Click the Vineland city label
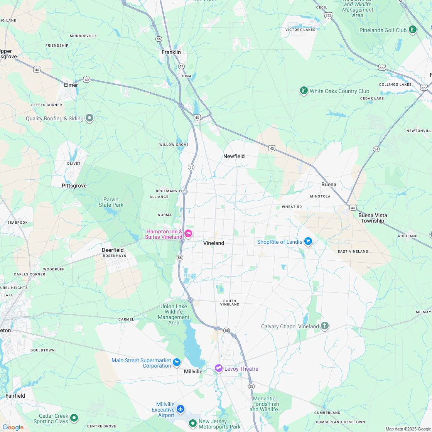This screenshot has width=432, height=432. click(x=214, y=243)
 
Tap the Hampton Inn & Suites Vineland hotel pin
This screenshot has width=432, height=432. click(x=188, y=233)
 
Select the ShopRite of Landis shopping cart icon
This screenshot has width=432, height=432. click(x=308, y=242)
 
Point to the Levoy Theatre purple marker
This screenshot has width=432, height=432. click(x=219, y=368)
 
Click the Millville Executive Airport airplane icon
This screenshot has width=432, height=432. click(x=180, y=409)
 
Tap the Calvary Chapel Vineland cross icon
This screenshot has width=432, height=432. click(x=325, y=326)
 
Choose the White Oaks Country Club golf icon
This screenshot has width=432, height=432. click(x=304, y=91)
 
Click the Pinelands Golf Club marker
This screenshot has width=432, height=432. click(x=412, y=30)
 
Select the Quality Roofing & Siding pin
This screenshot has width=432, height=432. click(x=89, y=118)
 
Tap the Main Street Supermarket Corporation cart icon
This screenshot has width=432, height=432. click(x=177, y=362)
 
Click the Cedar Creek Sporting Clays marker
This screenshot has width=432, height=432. click(x=74, y=418)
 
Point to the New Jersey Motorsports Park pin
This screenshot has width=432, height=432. click(x=192, y=424)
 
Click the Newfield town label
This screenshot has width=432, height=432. click(x=234, y=156)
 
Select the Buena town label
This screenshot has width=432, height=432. click(x=329, y=184)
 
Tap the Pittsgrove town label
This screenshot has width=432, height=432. click(x=74, y=186)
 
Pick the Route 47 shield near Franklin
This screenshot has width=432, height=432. click(x=181, y=66)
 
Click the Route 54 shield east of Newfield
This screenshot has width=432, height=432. click(x=376, y=149)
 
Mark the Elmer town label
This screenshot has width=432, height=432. click(x=71, y=85)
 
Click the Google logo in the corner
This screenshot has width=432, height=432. click(x=13, y=427)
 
